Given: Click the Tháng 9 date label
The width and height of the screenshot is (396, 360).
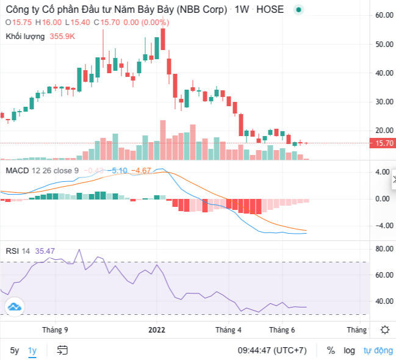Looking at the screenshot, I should point(55,329).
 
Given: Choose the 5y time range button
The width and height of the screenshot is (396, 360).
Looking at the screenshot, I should point(14,351).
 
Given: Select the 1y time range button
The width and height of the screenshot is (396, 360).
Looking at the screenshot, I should point(32,351).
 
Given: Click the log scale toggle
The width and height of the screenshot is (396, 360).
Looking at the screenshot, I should point(349,351).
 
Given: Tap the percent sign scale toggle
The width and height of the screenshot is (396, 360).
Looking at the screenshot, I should point(331,351).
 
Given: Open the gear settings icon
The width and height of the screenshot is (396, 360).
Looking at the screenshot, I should point(384,330).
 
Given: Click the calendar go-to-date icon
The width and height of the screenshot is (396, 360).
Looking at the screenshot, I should point(62,351).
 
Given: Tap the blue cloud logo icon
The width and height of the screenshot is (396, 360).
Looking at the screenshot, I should point(14,306).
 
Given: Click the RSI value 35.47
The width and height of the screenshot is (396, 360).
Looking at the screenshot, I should point(45,250).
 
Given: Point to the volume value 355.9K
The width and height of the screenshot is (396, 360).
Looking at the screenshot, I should point(63,36).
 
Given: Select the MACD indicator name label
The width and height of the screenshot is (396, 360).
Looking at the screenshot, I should point(17,170).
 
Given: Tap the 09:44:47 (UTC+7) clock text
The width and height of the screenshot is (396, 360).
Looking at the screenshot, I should point(272,351).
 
